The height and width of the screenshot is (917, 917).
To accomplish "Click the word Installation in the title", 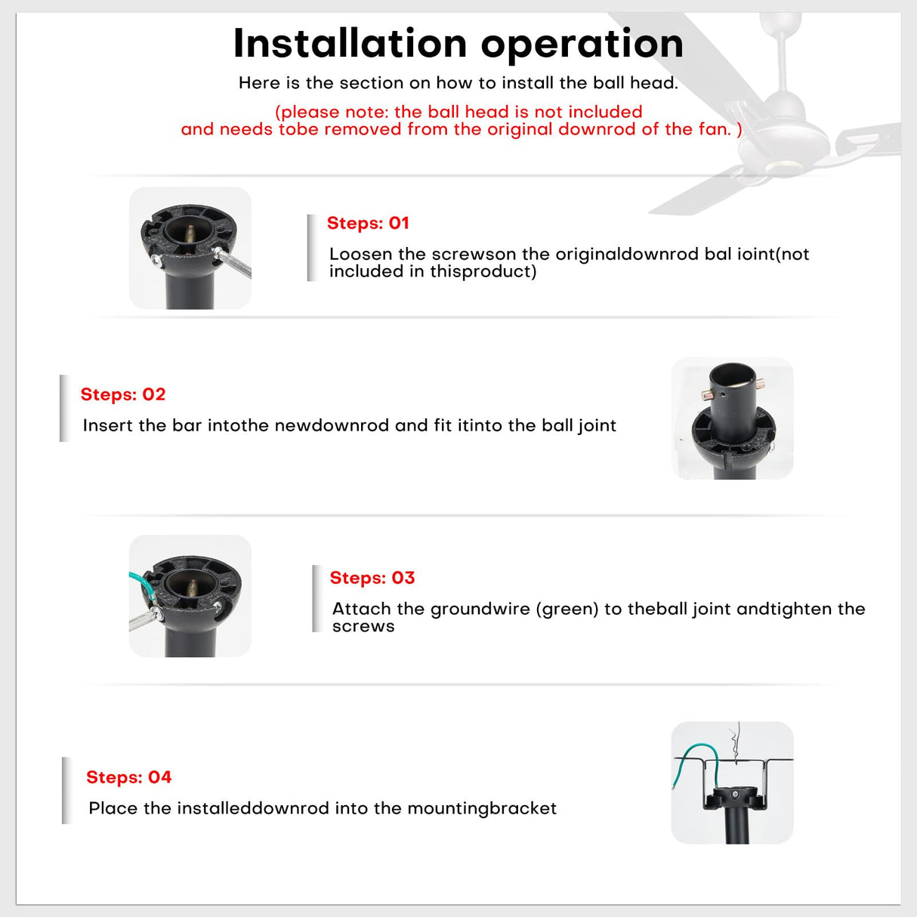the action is (x=350, y=44).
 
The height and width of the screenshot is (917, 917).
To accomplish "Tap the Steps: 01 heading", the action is (x=368, y=223).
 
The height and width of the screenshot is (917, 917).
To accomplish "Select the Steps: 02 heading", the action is (x=123, y=394).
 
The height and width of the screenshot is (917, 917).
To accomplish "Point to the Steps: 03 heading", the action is (x=372, y=578).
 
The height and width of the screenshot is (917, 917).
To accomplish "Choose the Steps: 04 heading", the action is (x=128, y=777).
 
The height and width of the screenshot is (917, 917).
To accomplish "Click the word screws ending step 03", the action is (x=363, y=627).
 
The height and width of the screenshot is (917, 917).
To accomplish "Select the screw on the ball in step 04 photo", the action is (x=734, y=794).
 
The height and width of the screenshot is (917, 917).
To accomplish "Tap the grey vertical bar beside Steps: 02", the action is (x=65, y=409).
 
